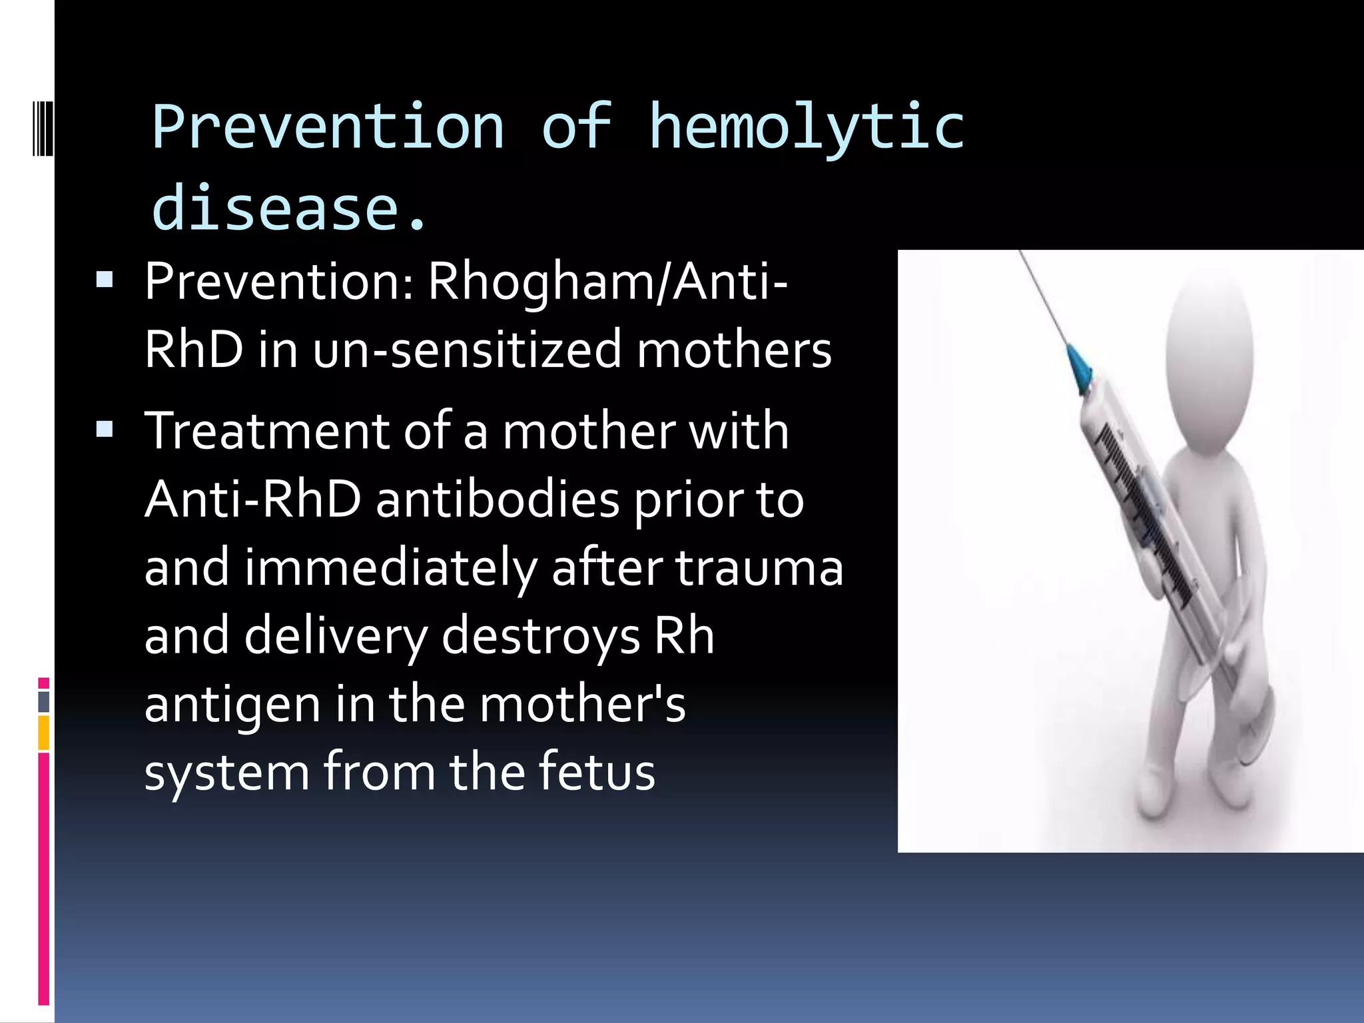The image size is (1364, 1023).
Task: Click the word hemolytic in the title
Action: click(806, 128)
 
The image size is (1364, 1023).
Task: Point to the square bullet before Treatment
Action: click(105, 430)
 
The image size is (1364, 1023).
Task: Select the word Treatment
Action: click(266, 431)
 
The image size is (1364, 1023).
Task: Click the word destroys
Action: click(540, 637)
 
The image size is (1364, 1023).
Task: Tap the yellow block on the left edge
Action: click(44, 733)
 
